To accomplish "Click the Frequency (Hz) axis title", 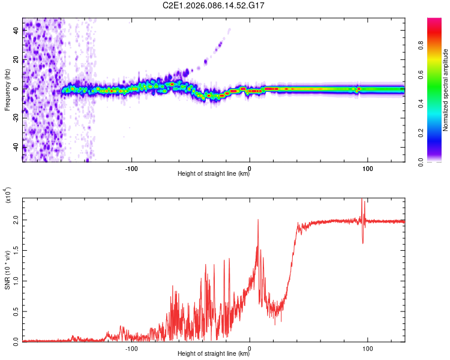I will tap(7, 90).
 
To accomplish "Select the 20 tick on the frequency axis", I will tap(17, 59).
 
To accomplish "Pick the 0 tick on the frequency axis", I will tap(17, 89).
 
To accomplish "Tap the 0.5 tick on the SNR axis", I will tap(17, 311).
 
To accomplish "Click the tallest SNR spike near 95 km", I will tap(362, 200).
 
